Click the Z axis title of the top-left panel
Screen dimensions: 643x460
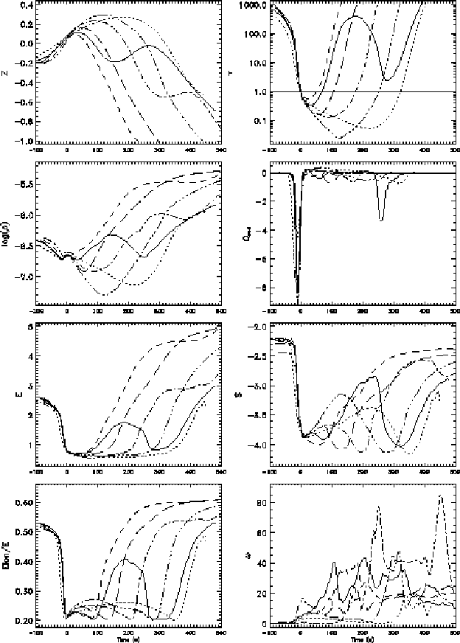click(x=7, y=72)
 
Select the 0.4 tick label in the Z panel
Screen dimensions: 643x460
click(x=26, y=5)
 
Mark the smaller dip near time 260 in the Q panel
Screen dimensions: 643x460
click(x=381, y=219)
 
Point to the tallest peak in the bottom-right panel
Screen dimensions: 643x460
click(x=441, y=496)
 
